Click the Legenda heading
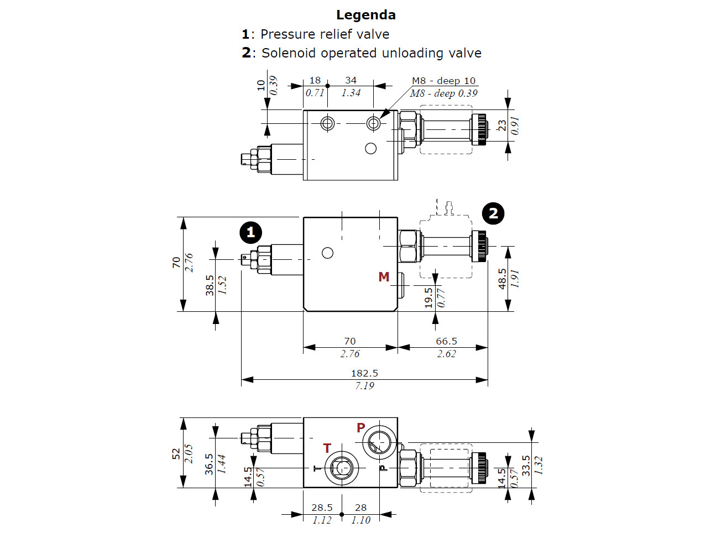coord(365,15)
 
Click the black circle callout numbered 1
coord(250,232)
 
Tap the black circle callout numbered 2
coord(493,213)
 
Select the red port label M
coord(384,277)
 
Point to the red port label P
coord(361,427)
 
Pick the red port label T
coord(327,448)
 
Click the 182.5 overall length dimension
coord(364,373)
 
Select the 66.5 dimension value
coord(446,341)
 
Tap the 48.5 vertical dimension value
coord(502,279)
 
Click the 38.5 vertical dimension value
coord(210,285)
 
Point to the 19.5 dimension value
coord(428,297)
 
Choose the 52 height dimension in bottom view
coord(176,454)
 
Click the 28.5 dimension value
coord(322,508)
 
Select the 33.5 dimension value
coord(526,466)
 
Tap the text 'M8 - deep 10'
coord(443,81)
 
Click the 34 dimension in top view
coord(351,80)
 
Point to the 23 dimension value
coord(502,126)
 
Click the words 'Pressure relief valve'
coord(325,34)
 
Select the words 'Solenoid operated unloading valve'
coord(371,53)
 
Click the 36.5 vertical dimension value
coord(209,464)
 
